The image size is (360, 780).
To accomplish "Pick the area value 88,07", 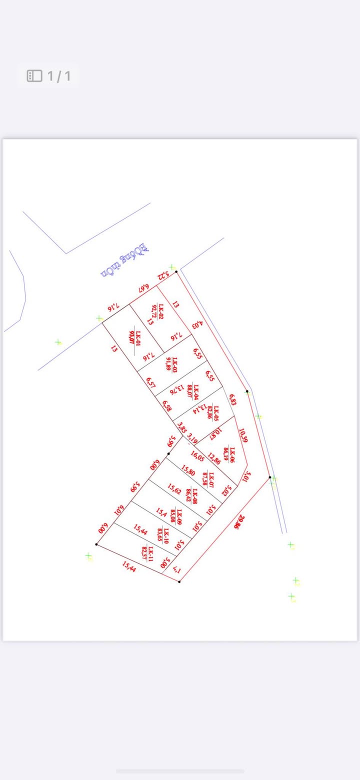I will coord(190,390).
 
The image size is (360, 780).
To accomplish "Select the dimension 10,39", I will coord(243,435).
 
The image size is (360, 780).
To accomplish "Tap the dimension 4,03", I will coord(198,323).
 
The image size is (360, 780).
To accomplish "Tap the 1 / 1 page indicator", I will coord(59,76).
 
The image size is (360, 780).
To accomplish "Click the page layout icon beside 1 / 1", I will coord(34,76).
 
